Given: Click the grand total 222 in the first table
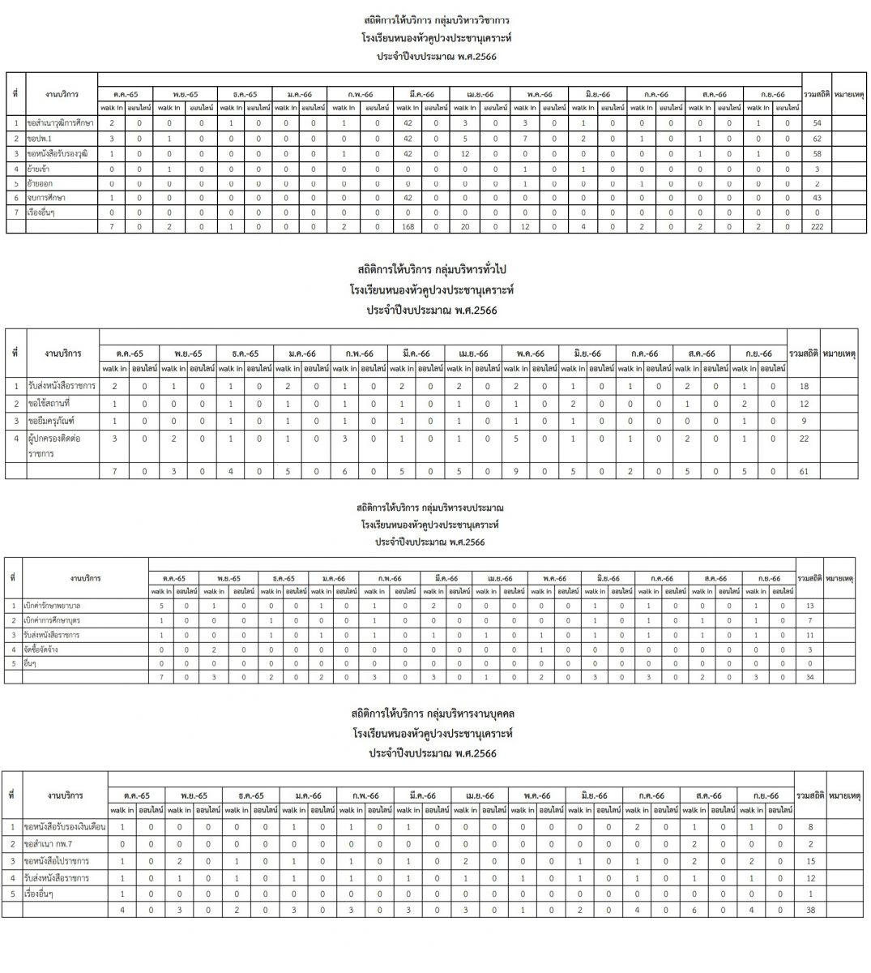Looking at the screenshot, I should pyautogui.click(x=817, y=227).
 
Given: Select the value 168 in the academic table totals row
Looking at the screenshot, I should pyautogui.click(x=408, y=227).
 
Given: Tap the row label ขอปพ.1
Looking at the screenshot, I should pyautogui.click(x=40, y=139).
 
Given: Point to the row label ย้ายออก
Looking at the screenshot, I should pyautogui.click(x=41, y=183).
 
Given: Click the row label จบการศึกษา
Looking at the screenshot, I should pyautogui.click(x=46, y=198).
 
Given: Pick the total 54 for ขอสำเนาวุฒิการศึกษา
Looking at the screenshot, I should pyautogui.click(x=817, y=123).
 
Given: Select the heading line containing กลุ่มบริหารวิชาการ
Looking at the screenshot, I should pyautogui.click(x=436, y=19).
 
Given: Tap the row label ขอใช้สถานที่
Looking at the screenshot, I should pyautogui.click(x=48, y=404).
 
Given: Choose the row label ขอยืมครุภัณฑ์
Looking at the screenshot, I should pyautogui.click(x=50, y=422).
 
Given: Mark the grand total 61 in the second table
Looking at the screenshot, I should pyautogui.click(x=803, y=470).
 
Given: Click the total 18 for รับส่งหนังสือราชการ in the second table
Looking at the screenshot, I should pyautogui.click(x=803, y=387).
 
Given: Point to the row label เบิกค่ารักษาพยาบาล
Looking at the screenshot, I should pyautogui.click(x=52, y=606).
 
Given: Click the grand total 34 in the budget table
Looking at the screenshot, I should pyautogui.click(x=810, y=677).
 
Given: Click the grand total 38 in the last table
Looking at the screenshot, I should pyautogui.click(x=810, y=911).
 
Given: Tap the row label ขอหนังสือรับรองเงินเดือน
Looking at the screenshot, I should pyautogui.click(x=66, y=827).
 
